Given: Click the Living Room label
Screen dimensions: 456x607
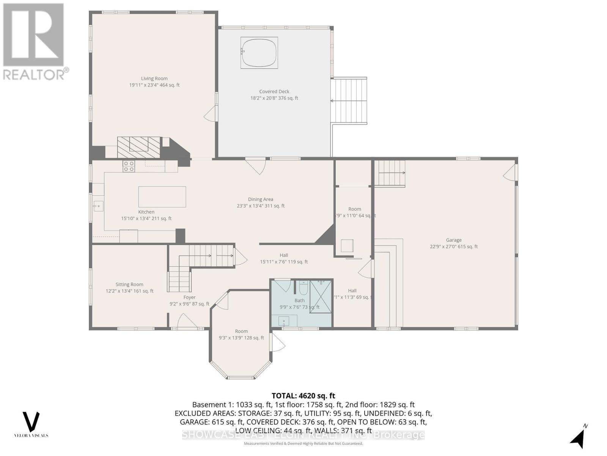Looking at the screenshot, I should pos(154,79).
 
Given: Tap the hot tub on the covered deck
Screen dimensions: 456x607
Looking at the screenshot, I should pos(259,53).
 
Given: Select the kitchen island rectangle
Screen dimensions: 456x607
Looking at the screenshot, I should pos(162,196).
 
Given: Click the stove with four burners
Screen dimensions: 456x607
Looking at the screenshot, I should pos(129,166).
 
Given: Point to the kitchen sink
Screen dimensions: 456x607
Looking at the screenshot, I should pos(98,206).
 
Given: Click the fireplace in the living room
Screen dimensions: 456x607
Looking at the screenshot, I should pos(138,147).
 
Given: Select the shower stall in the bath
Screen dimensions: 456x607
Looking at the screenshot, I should pos(321,296).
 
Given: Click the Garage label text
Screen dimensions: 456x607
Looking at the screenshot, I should pos(454,240).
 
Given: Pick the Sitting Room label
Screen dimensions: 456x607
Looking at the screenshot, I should pos(129,284).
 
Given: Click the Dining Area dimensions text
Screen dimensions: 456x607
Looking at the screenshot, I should pos(261,206).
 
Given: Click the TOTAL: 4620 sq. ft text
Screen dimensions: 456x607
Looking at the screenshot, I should pos(303,396).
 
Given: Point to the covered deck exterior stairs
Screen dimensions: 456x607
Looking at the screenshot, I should pos(349,100).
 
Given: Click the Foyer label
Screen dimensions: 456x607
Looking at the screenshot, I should pos(189,298).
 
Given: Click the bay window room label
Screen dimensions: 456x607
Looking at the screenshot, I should pos(241,331).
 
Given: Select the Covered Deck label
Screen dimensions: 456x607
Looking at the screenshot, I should pos(274,92).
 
